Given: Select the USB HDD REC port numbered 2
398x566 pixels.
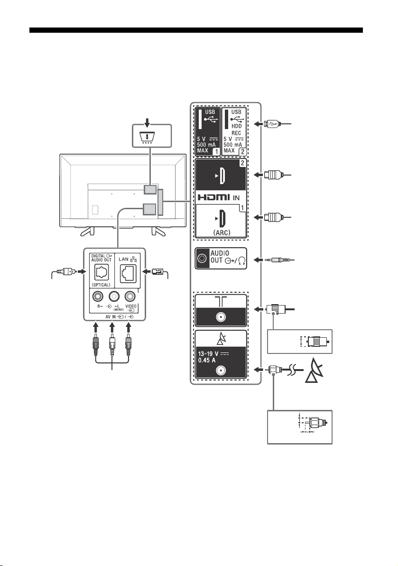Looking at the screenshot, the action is [227, 120].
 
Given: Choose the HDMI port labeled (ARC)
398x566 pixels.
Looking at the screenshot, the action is [222, 218].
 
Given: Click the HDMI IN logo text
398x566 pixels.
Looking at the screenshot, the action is [219, 197].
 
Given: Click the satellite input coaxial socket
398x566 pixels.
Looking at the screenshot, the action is [221, 371].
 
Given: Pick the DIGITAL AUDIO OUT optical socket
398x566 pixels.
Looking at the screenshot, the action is [102, 272].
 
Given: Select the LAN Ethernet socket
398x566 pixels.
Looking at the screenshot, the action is [128, 273].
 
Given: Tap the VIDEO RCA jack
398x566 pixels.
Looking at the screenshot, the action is [130, 297].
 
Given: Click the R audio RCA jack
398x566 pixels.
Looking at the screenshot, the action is [98, 297].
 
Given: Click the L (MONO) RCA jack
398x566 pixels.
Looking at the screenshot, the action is [114, 297].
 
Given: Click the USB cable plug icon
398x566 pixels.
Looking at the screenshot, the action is [271, 124].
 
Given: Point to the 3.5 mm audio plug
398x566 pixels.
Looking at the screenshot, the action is [280, 260].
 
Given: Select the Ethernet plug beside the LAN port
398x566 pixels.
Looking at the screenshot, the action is [158, 271].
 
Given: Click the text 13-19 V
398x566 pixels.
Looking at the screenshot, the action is [209, 353].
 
